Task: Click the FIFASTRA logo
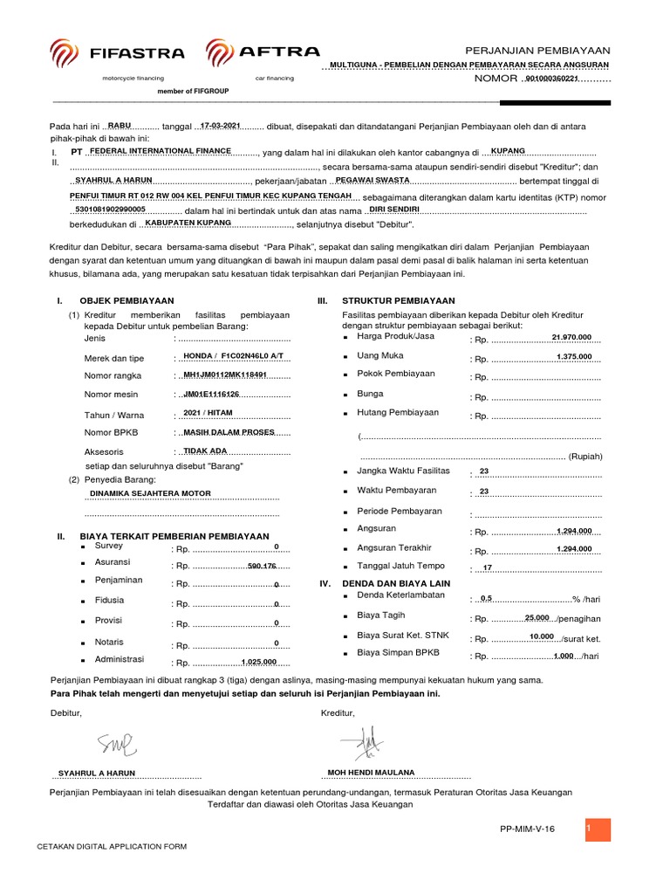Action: [x=117, y=53]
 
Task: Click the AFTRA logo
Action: [x=263, y=53]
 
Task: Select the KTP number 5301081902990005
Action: [x=111, y=210]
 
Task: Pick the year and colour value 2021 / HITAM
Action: [x=208, y=413]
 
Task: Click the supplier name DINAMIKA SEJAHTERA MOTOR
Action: [x=150, y=493]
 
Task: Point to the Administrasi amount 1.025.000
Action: [x=259, y=662]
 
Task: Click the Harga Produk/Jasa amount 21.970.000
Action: [x=571, y=338]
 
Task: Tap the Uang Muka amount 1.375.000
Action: [x=574, y=356]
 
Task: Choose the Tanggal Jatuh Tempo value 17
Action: [x=488, y=568]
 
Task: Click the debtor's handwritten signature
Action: [x=117, y=744]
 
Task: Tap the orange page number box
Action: [x=598, y=830]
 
